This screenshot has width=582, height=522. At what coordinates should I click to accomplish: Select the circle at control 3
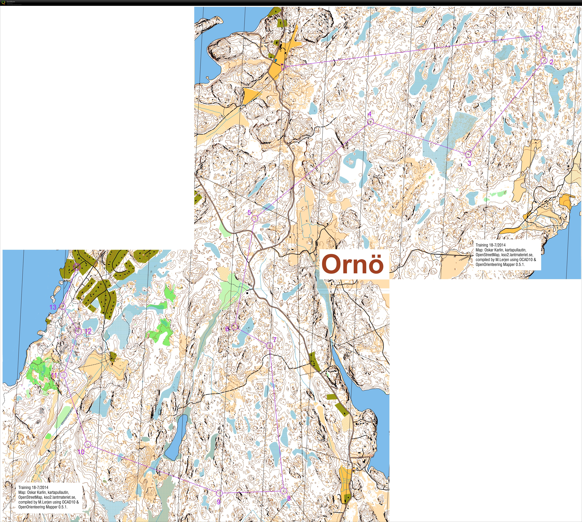coord(468,155)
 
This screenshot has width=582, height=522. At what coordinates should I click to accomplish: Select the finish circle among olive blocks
coord(76,267)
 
